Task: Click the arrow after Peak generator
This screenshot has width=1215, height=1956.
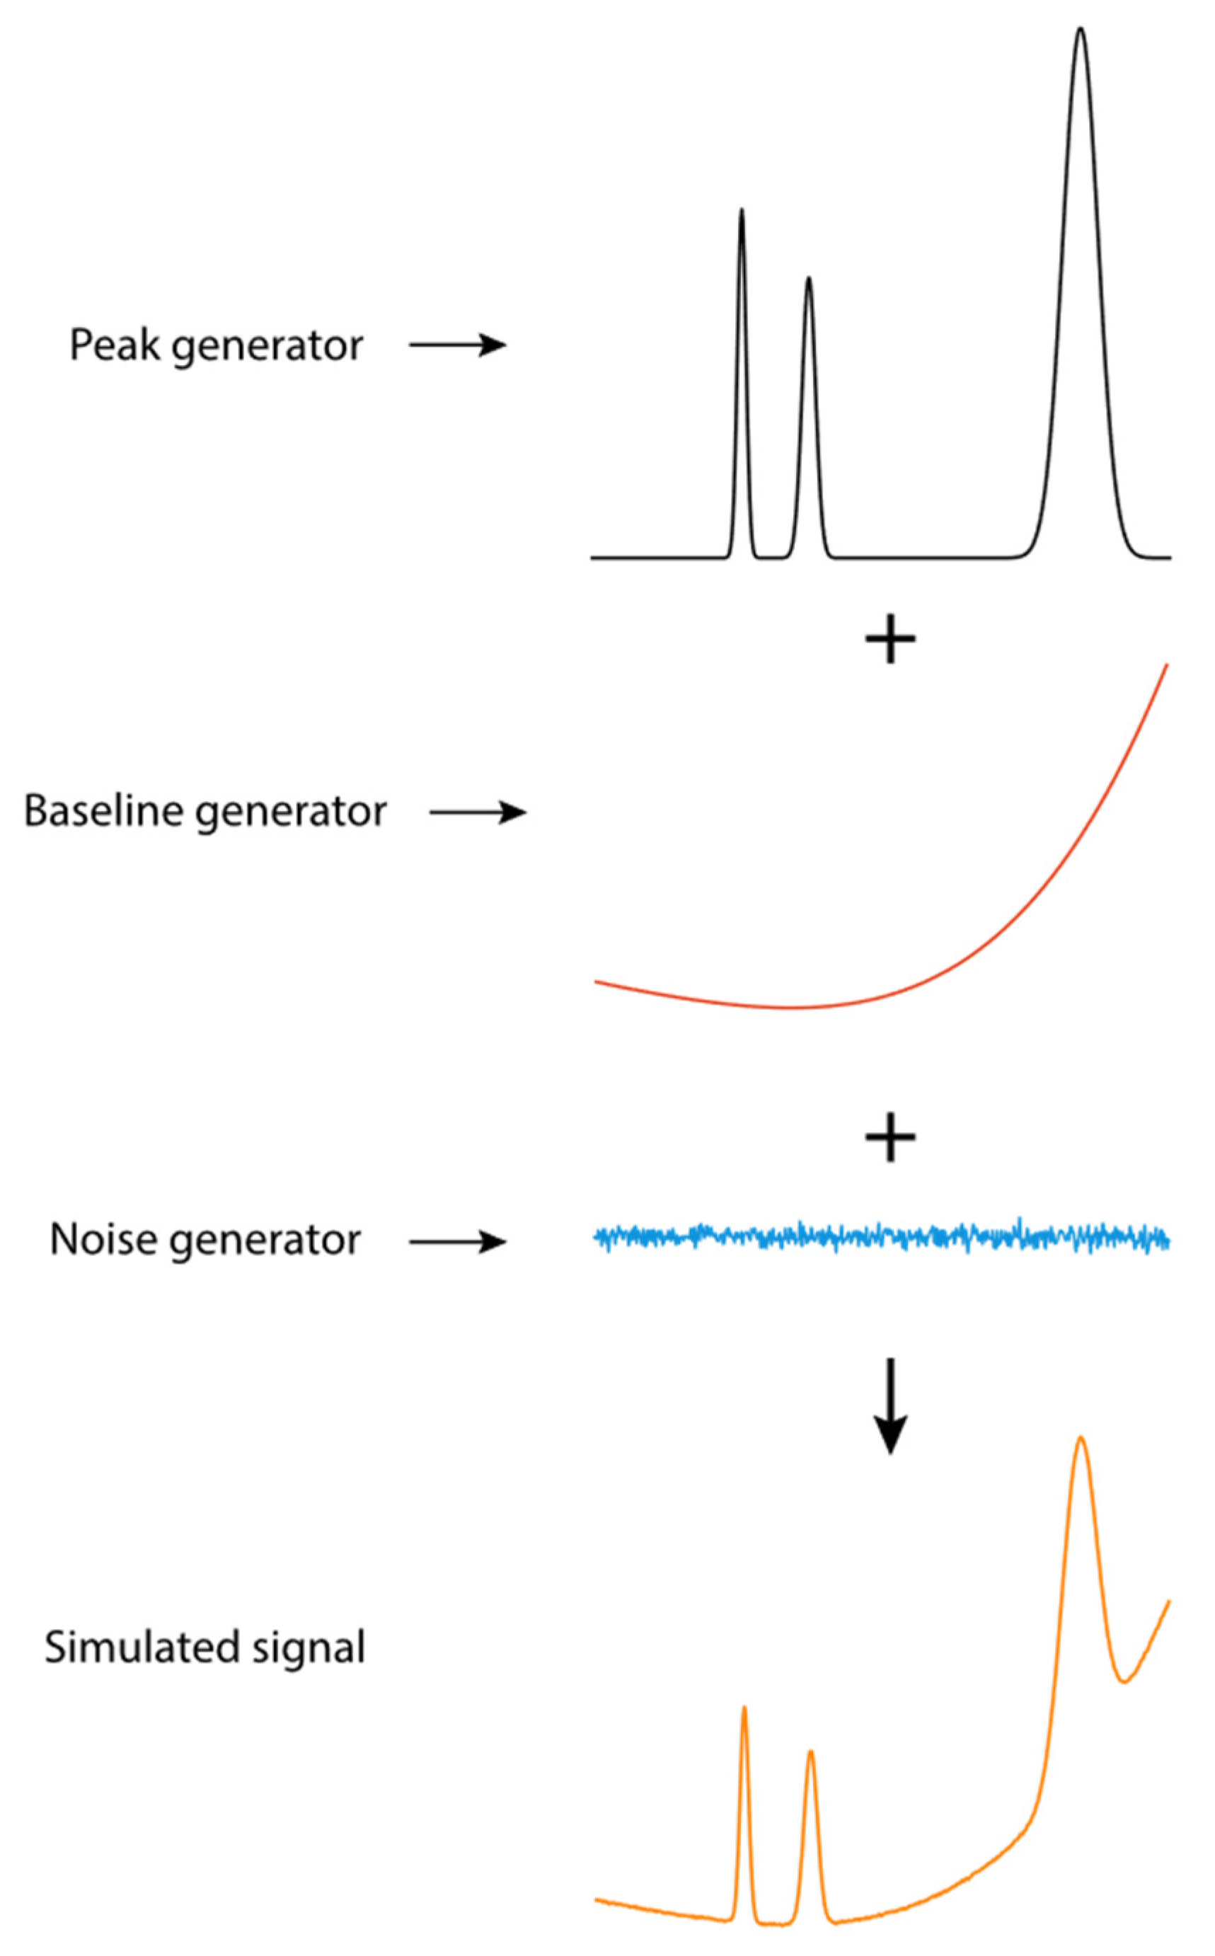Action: (457, 345)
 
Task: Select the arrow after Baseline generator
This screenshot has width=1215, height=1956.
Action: (478, 812)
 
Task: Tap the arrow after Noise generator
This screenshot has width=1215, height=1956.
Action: (457, 1243)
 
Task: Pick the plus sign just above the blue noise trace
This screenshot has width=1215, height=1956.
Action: (890, 1137)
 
